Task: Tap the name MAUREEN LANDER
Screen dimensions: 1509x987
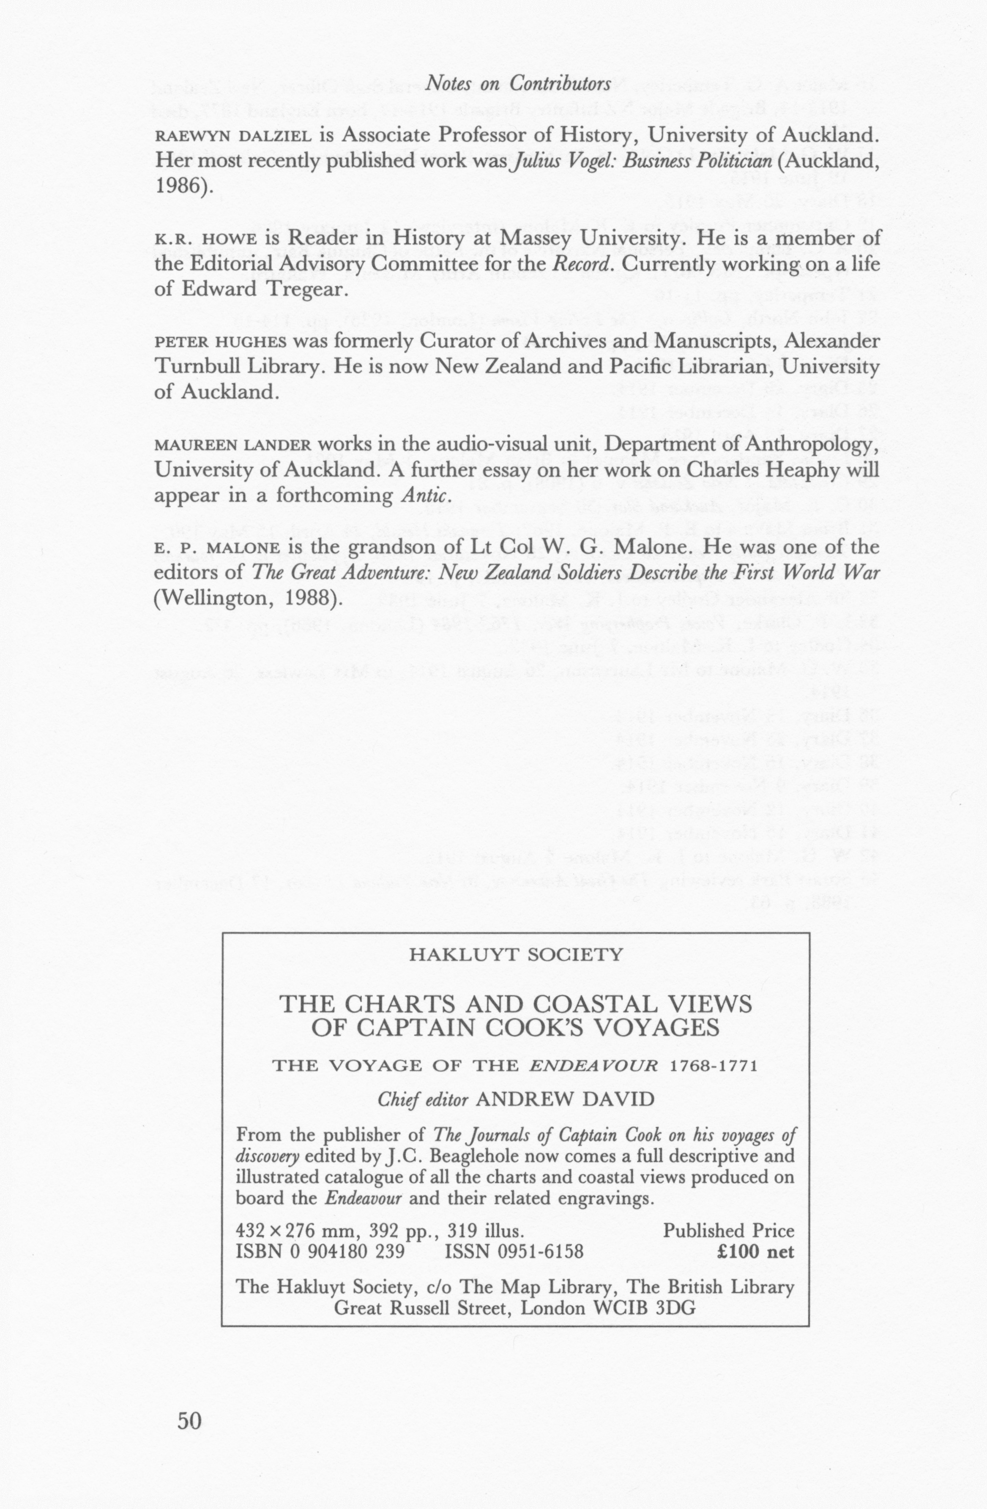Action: click(x=232, y=445)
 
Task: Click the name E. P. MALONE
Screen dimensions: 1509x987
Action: click(x=216, y=547)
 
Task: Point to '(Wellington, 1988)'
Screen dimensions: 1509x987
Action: click(x=248, y=598)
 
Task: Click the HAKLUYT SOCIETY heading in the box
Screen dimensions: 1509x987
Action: click(x=517, y=955)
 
